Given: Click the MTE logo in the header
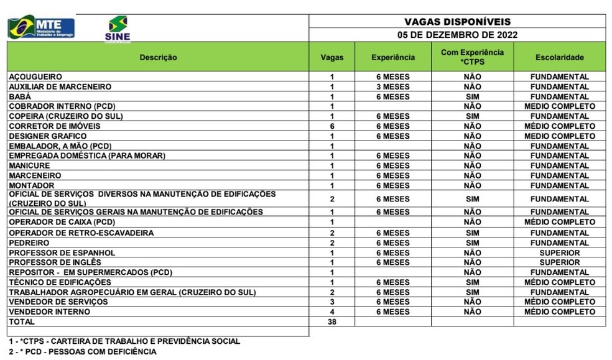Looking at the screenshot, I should tap(41, 27).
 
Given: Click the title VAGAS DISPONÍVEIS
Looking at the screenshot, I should tap(457, 22).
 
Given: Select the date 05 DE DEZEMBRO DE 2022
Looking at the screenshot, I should tap(457, 35).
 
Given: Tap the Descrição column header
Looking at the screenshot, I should tap(158, 57).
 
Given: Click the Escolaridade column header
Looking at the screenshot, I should tap(559, 57).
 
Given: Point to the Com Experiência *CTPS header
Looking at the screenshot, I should tap(472, 57).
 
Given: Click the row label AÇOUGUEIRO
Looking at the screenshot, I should tap(35, 77).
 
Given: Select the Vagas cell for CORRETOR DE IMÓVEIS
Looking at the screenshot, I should tap(332, 126).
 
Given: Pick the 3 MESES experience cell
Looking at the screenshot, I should tap(392, 87).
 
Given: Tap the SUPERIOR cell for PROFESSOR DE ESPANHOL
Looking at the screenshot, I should tap(559, 253).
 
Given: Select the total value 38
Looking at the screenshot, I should tap(332, 322).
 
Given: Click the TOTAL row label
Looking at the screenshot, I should tap(21, 322).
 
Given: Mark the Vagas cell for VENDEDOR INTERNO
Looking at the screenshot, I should tap(332, 312).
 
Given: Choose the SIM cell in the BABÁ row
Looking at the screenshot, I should tap(472, 97).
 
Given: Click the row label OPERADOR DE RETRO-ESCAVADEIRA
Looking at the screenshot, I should tap(81, 233).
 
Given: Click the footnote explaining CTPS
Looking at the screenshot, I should tap(124, 341).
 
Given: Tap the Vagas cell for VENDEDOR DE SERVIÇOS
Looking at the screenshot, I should tap(332, 302).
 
